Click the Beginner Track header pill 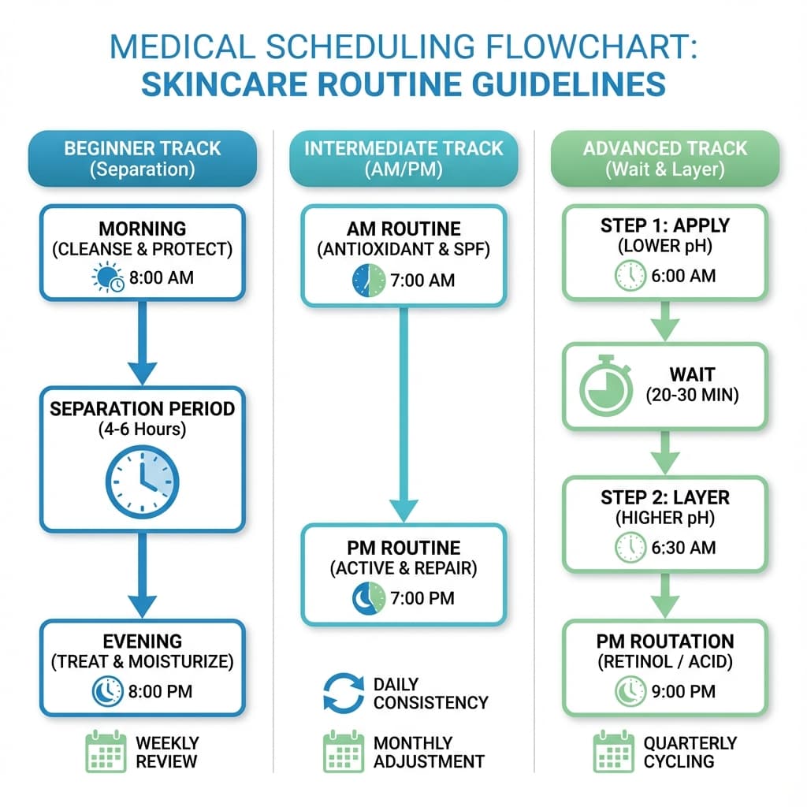pos(142,158)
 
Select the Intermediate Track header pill pos(403,158)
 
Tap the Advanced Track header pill pos(664,158)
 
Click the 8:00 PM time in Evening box pos(161,692)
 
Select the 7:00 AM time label pos(422,281)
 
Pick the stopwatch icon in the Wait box pos(606,386)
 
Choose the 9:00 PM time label pos(682,691)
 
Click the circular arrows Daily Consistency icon pos(344,693)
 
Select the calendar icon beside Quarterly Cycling pos(613,752)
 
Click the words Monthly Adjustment pos(428,752)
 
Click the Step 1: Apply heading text pos(664,225)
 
